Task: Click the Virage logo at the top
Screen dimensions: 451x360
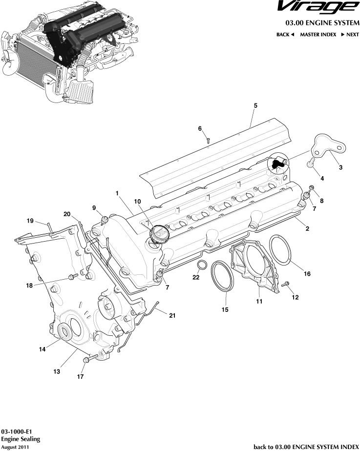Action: [316, 7]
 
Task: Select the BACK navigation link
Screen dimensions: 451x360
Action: [285, 35]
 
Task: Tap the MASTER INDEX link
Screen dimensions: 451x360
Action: [318, 35]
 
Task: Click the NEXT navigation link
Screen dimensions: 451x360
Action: [350, 35]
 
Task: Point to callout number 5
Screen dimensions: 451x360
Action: [255, 105]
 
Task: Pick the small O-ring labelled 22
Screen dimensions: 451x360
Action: [200, 265]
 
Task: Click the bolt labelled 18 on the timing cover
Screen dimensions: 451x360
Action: [73, 277]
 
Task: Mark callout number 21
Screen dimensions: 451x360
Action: [172, 315]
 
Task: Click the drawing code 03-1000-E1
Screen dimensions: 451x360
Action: [17, 432]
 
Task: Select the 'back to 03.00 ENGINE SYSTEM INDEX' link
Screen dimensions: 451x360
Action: [306, 446]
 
